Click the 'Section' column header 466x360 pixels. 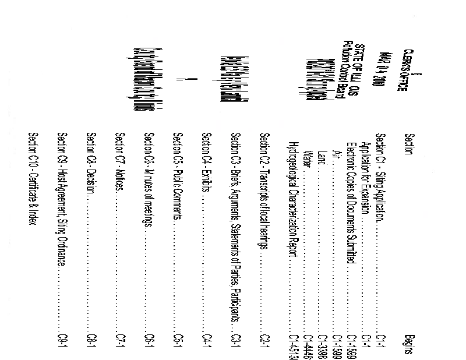[x=409, y=142]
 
